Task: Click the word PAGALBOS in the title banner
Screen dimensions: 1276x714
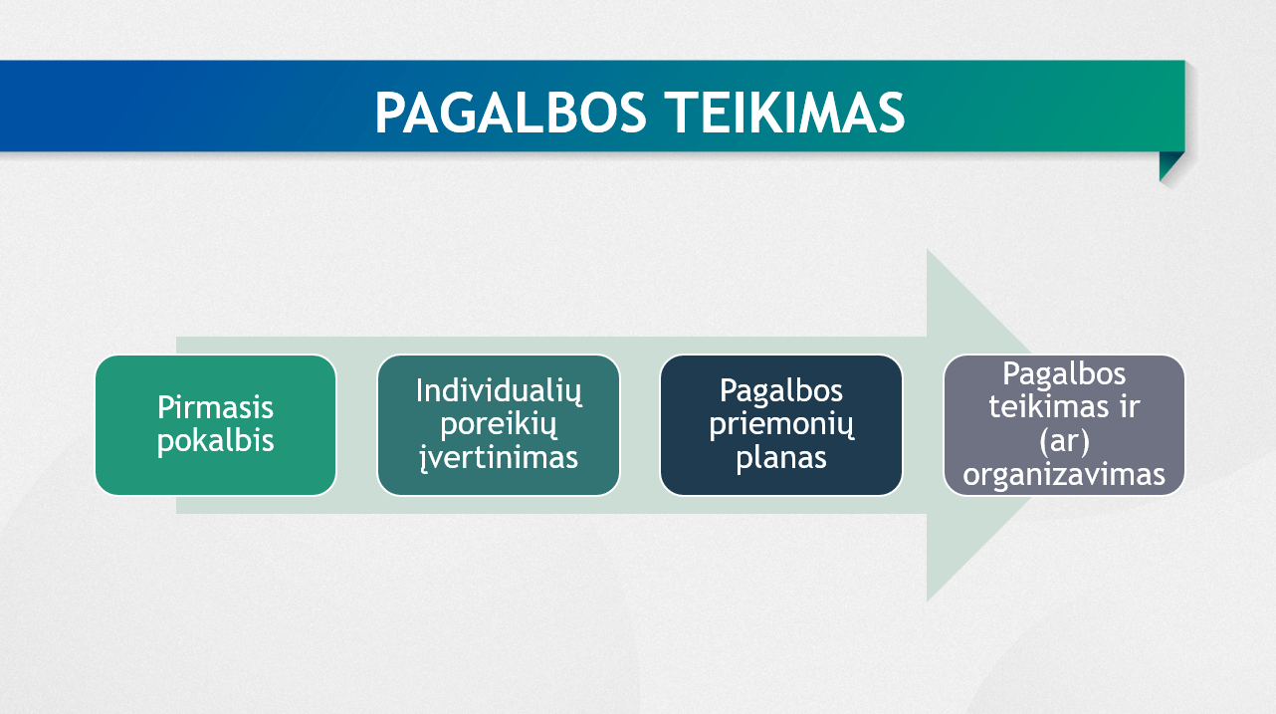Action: point(511,113)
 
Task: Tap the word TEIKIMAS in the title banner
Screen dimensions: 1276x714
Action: point(785,113)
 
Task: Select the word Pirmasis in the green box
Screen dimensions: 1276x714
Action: point(215,407)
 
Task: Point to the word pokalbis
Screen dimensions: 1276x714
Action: point(215,440)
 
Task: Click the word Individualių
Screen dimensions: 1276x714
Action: point(499,391)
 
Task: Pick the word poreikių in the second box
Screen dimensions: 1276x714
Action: point(499,424)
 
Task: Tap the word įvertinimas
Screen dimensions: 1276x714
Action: point(499,457)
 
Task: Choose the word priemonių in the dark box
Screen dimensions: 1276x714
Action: point(781,424)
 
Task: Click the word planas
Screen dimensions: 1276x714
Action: point(781,457)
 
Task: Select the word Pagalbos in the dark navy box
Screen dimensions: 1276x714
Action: point(781,391)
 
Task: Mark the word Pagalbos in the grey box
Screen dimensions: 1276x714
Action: point(1064,374)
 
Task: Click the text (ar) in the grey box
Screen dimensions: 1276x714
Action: point(1064,441)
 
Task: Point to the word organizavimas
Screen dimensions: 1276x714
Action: point(1064,474)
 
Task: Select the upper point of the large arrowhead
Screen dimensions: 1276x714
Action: point(928,250)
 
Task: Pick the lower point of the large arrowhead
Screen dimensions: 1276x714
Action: point(928,601)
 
